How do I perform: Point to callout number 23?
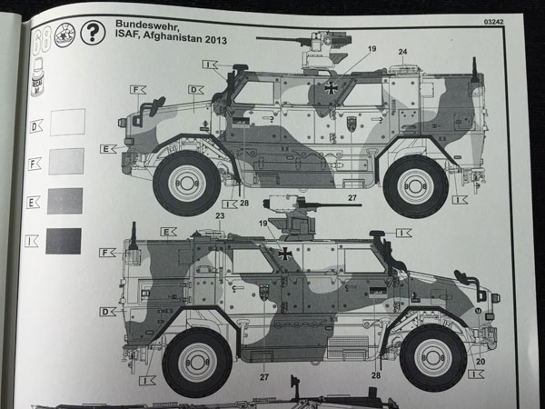click(x=220, y=215)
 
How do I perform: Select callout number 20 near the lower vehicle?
click(x=481, y=361)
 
